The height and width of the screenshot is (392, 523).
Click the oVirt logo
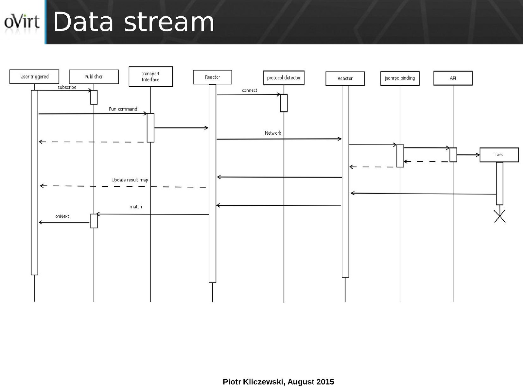(22, 22)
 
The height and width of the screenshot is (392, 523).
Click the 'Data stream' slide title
(133, 22)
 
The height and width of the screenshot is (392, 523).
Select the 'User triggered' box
(34, 77)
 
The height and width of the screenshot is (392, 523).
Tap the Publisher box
(94, 77)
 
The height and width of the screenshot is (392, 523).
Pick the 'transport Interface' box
(150, 77)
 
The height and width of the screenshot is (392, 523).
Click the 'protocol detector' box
(284, 78)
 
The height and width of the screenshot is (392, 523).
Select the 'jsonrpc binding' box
(400, 78)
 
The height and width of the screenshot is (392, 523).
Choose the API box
(453, 78)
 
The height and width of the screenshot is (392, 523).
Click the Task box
(499, 155)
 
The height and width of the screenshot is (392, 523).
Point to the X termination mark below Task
(499, 216)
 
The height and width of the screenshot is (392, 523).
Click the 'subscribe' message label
(67, 87)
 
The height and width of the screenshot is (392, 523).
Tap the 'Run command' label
(123, 109)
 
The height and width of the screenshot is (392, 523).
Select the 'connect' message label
(250, 90)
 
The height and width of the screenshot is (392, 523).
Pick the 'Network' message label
(273, 133)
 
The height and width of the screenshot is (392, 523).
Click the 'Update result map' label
(130, 180)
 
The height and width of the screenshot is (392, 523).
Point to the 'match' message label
(135, 207)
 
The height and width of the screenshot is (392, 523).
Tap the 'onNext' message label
(62, 216)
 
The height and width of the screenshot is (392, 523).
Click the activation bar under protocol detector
(284, 103)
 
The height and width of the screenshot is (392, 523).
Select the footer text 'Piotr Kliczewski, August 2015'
(278, 382)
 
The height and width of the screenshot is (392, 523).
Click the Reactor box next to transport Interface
(212, 77)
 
